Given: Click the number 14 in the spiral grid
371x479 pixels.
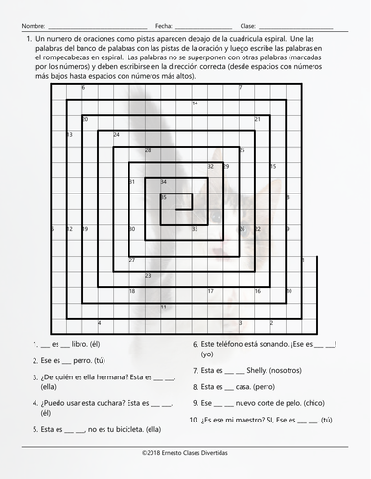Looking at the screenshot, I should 196,103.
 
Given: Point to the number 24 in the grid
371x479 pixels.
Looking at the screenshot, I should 116,135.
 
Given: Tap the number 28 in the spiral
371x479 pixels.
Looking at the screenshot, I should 148,150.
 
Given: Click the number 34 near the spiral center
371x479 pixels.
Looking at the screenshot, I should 163,182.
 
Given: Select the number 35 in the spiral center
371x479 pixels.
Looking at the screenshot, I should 163,197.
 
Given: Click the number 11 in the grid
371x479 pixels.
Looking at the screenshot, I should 163,307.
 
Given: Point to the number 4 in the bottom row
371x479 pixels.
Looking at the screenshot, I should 100,323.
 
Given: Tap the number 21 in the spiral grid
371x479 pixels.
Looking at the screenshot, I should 257,119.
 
